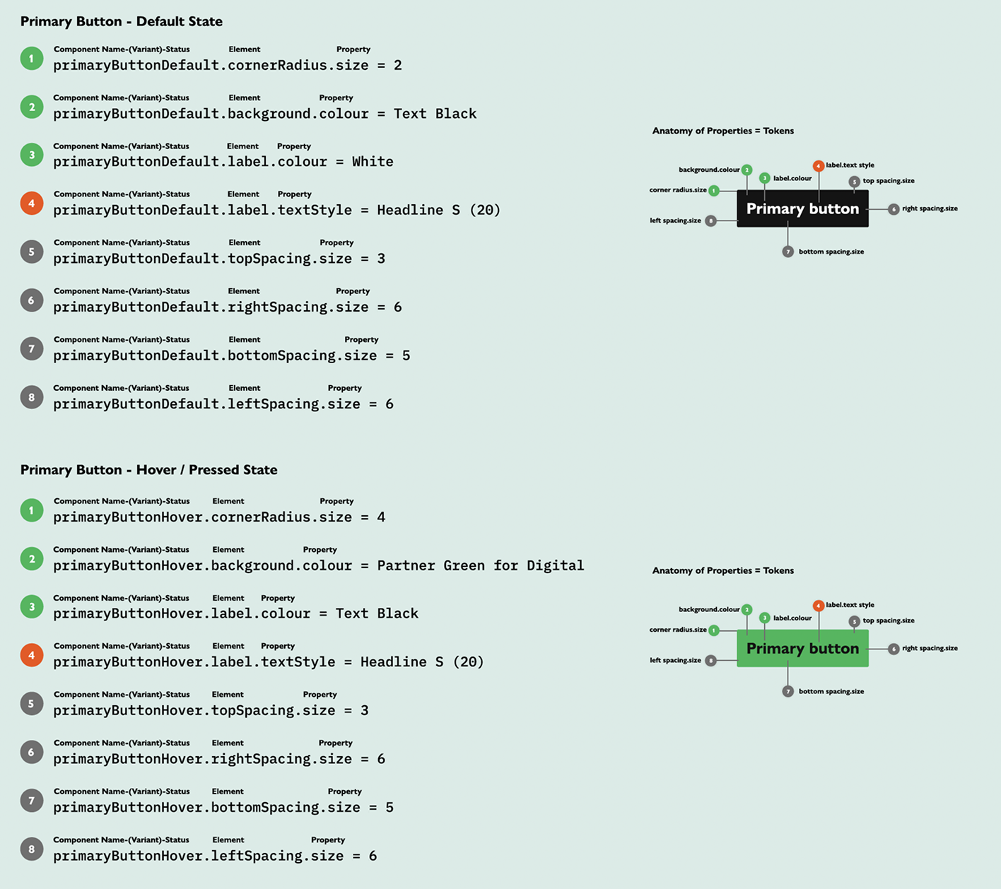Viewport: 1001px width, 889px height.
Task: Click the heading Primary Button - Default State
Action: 121,22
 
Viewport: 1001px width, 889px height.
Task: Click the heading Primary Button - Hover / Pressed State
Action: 148,470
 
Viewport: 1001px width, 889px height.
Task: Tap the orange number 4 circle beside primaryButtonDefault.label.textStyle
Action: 32,204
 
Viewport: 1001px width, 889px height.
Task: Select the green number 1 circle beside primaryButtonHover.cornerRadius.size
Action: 32,510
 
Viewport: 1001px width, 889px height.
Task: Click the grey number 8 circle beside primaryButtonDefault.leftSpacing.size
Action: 32,397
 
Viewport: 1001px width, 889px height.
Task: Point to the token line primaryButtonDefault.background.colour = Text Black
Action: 264,114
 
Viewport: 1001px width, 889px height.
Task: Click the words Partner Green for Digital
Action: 480,565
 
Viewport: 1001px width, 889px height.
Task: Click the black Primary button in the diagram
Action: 802,208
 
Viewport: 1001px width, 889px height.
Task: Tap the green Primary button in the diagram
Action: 802,649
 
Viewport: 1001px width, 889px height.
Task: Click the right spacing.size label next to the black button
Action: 930,208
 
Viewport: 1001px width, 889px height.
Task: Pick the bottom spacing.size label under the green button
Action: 831,691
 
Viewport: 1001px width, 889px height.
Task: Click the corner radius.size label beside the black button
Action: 677,190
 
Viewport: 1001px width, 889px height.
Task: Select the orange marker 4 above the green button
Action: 818,606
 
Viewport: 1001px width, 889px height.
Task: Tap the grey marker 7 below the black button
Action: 788,252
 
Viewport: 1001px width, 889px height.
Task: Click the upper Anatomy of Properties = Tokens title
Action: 722,131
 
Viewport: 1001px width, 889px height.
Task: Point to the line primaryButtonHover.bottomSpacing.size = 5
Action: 223,807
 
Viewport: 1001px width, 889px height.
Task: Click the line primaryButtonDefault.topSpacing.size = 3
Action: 219,259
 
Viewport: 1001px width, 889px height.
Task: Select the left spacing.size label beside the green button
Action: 675,660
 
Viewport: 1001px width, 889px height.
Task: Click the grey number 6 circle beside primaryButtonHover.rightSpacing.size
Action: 32,753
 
